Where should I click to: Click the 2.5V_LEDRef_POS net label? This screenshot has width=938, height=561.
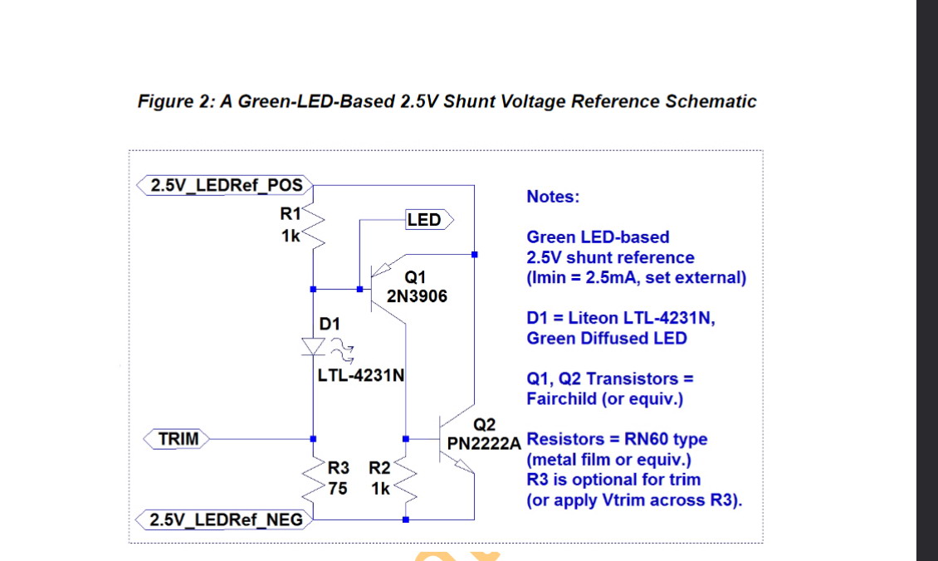coord(225,185)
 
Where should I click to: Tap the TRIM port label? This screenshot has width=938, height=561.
coord(178,438)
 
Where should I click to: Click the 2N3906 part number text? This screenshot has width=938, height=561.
coord(417,295)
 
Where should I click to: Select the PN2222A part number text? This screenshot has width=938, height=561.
coord(483,443)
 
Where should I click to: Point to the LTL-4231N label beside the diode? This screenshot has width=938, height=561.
coord(360,375)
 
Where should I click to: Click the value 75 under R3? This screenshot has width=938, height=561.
coord(338,489)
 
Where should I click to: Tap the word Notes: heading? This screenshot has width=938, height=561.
coord(553,197)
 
